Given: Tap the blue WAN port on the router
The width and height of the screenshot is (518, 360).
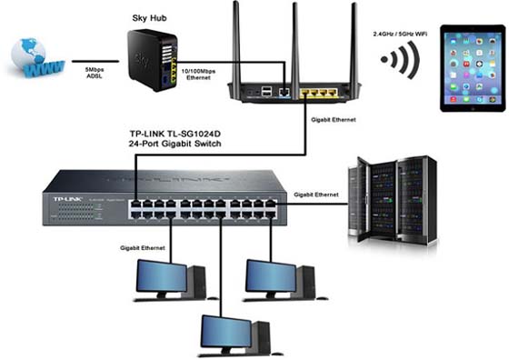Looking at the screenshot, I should (x=286, y=92).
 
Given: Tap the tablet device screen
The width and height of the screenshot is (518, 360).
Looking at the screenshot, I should (x=472, y=67).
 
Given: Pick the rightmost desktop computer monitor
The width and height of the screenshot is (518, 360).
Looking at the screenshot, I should (x=270, y=276).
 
